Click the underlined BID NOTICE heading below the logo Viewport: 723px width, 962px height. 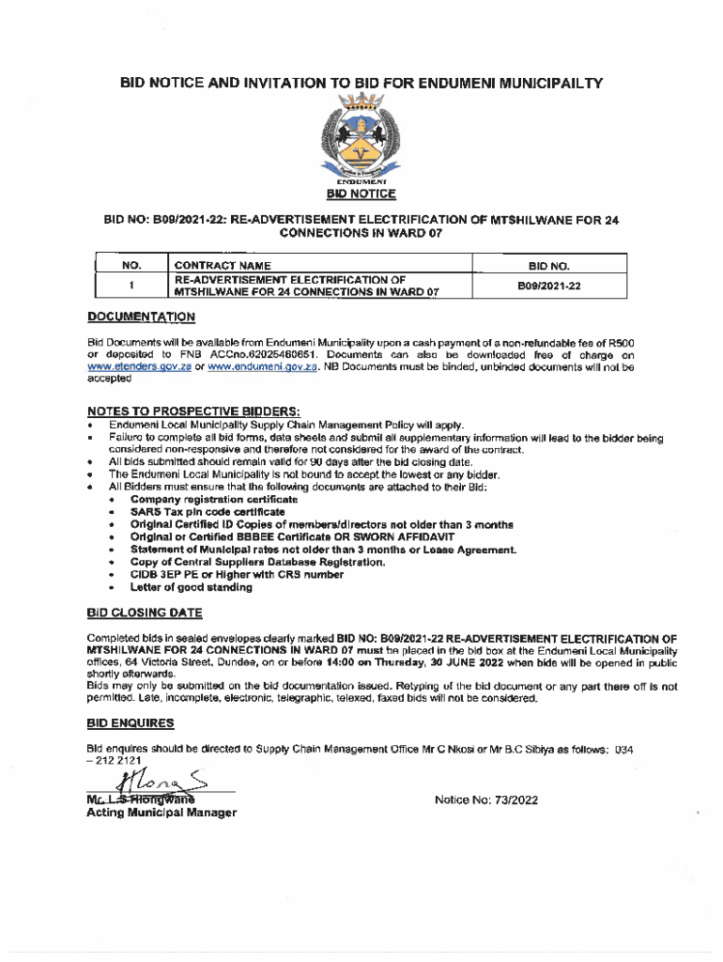coord(361,194)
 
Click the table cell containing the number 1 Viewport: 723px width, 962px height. coord(131,286)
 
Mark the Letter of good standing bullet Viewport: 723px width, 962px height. coord(191,587)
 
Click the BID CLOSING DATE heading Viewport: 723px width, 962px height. coord(144,613)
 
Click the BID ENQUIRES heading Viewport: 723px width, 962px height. coord(130,723)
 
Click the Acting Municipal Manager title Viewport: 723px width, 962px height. coord(161,813)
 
